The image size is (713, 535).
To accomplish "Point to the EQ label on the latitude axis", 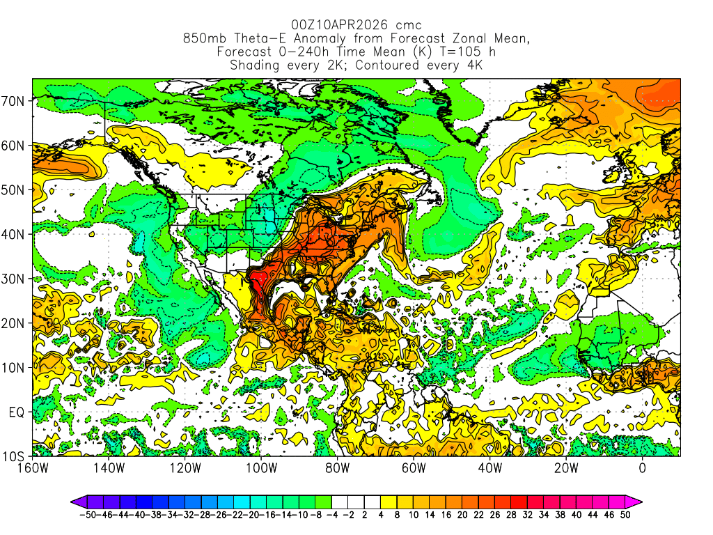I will pyautogui.click(x=16, y=412).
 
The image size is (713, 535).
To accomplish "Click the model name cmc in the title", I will pyautogui.click(x=409, y=26).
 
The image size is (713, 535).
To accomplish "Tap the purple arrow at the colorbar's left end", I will pyautogui.click(x=77, y=501).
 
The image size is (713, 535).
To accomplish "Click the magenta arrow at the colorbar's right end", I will pyautogui.click(x=636, y=501).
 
